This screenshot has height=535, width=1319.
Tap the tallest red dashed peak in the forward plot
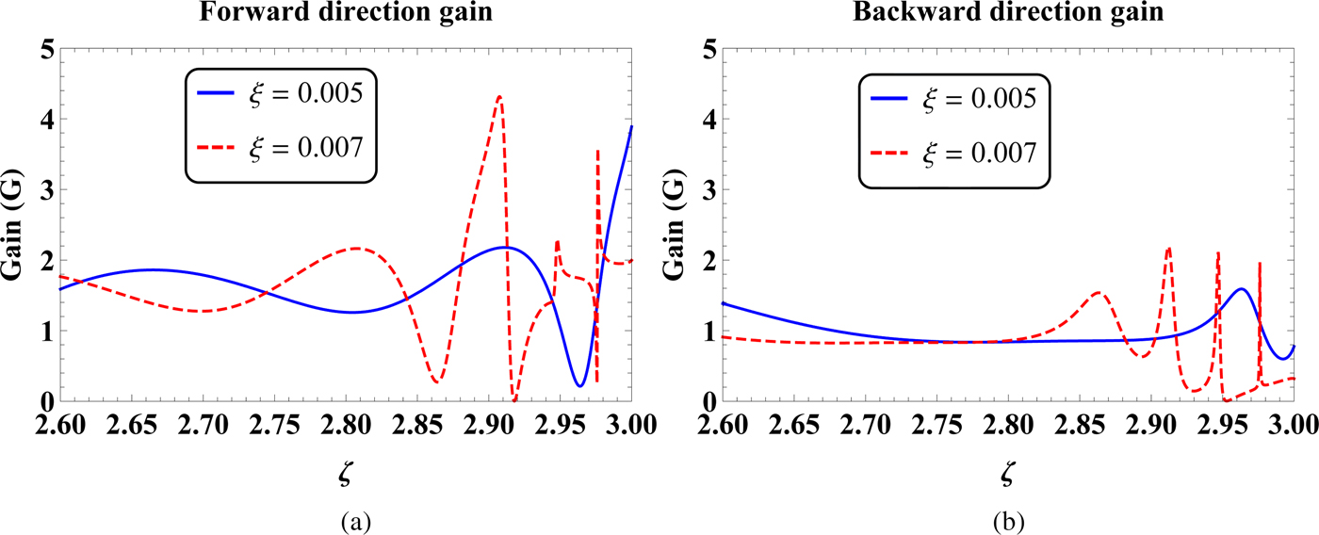coord(499,96)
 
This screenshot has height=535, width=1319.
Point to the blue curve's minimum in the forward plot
coord(579,385)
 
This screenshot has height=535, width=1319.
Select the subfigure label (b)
coord(1007,519)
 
